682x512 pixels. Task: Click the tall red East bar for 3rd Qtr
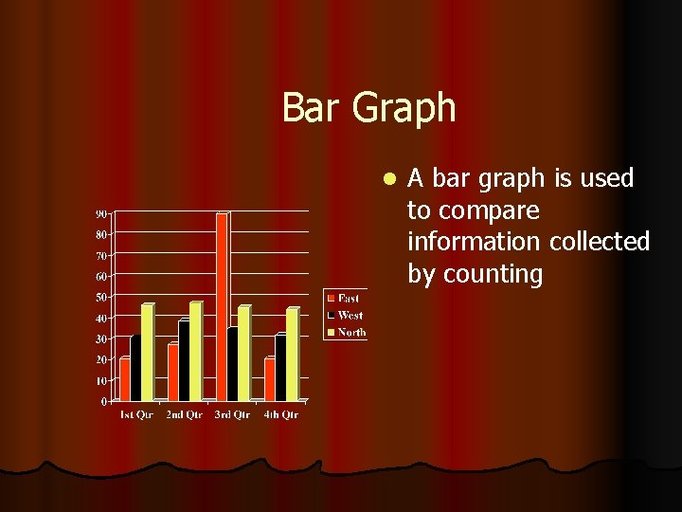pos(222,307)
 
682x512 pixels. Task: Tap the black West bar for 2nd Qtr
pos(184,361)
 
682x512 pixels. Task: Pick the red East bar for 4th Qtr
pos(270,379)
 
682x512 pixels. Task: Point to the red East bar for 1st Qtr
pos(125,379)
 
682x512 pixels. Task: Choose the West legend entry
pos(345,315)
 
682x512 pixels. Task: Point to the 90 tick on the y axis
pos(100,212)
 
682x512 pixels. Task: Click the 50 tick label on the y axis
pos(100,297)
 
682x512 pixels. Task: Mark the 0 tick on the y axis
pos(103,401)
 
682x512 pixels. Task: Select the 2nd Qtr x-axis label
pos(184,414)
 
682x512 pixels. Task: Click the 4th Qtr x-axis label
pos(280,414)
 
